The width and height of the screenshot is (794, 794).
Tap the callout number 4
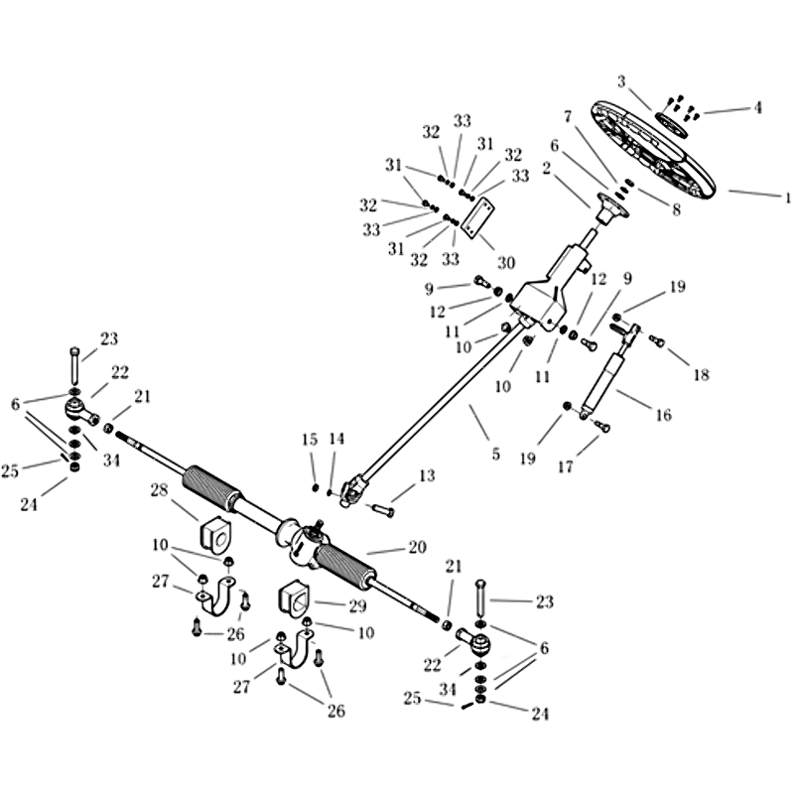tap(757, 107)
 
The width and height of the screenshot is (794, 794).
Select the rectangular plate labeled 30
tap(478, 216)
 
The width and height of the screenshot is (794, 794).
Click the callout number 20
tap(417, 548)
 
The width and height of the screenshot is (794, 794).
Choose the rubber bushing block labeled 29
tap(294, 601)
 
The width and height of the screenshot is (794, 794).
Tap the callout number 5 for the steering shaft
tap(495, 454)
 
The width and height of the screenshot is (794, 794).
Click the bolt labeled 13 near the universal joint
tap(383, 508)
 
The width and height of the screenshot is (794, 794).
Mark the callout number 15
tap(310, 440)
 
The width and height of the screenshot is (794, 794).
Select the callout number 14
tap(336, 439)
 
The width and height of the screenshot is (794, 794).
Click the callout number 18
tap(702, 375)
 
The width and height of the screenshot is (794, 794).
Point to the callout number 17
tap(565, 465)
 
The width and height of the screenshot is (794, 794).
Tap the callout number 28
tap(159, 490)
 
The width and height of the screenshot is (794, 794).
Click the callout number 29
tap(357, 606)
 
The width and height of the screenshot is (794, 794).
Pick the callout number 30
tap(506, 262)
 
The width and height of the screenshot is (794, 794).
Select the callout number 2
tap(547, 168)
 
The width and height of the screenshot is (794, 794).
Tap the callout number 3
tap(621, 81)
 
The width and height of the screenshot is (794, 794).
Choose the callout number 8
tap(676, 209)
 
